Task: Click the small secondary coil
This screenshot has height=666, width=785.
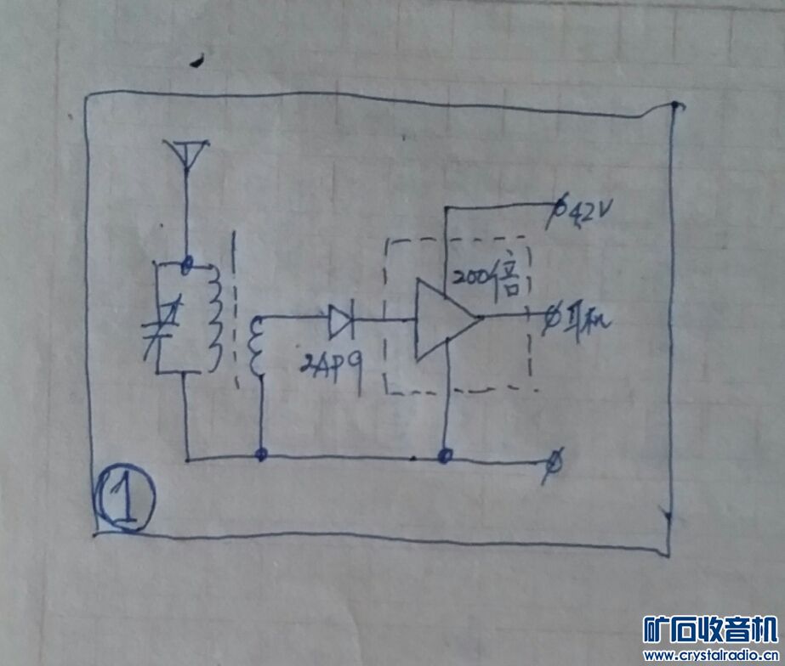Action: click(253, 348)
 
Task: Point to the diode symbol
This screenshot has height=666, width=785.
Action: click(341, 320)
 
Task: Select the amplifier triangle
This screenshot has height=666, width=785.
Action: click(443, 321)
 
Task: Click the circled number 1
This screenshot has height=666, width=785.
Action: click(125, 500)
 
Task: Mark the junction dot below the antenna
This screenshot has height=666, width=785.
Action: click(186, 262)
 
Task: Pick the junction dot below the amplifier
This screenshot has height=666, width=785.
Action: click(444, 457)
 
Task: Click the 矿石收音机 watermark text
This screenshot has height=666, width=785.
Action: click(709, 629)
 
